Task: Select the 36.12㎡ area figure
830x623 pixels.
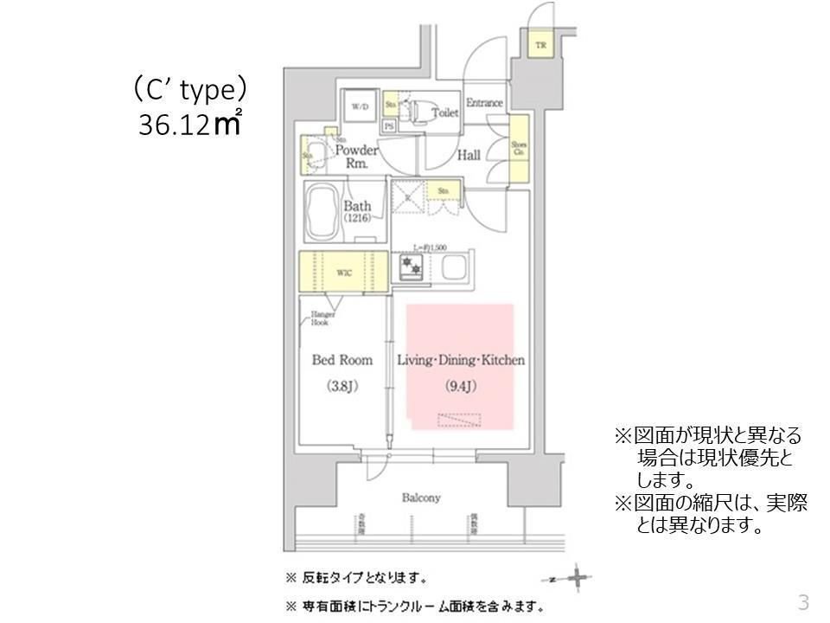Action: click(189, 125)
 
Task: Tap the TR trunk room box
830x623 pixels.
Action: click(540, 45)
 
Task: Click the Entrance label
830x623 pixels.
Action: click(484, 103)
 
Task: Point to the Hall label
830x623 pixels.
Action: click(469, 155)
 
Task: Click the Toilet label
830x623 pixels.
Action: click(444, 112)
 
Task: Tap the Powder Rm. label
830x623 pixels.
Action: click(357, 156)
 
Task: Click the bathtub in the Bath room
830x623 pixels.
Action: click(322, 213)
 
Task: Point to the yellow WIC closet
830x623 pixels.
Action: click(342, 273)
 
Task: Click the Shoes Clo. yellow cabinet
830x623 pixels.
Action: click(519, 148)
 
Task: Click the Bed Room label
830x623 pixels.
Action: click(342, 360)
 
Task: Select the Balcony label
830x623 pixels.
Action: click(421, 498)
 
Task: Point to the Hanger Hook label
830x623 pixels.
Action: click(323, 318)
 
